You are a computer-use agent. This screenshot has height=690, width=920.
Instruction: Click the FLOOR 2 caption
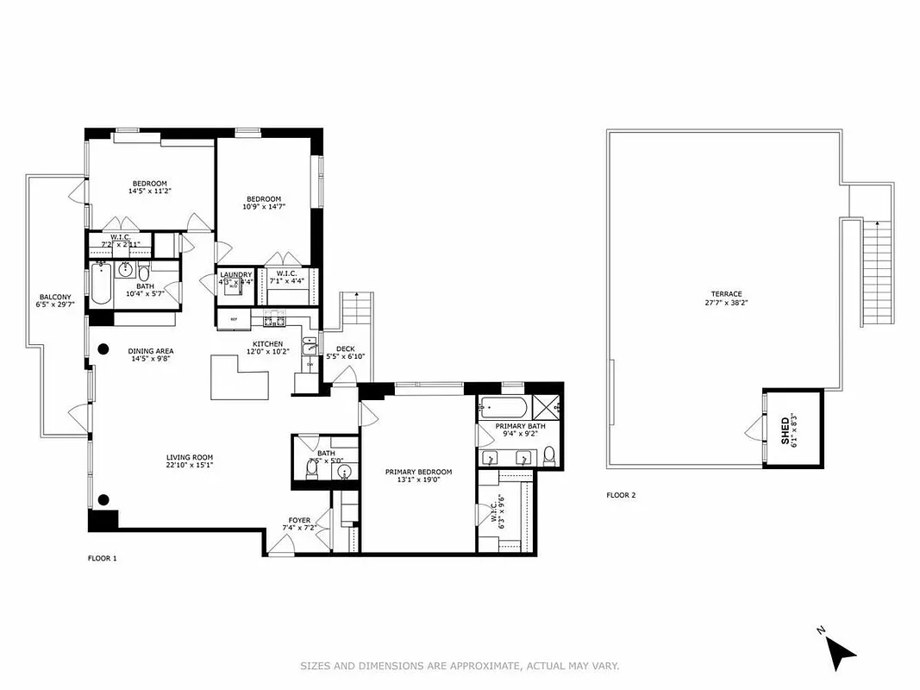tap(621, 495)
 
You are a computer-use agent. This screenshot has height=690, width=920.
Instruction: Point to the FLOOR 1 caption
tap(102, 558)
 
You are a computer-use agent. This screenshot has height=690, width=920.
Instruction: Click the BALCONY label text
tap(53, 297)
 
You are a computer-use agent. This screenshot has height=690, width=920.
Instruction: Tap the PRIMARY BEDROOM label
tap(418, 472)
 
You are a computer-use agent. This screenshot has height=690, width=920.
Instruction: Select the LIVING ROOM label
tap(190, 457)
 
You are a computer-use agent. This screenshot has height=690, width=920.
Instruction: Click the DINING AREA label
tap(151, 351)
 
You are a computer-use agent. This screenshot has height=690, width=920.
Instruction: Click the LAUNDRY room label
tap(235, 274)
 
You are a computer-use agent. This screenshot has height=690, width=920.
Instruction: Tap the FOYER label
tap(299, 520)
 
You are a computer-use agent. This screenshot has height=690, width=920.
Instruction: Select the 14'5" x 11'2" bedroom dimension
tap(149, 191)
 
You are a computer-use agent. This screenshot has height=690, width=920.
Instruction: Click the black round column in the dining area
tap(103, 349)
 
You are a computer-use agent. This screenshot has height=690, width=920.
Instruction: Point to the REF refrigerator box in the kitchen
tap(233, 319)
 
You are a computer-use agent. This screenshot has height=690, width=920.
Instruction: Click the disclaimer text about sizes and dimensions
tap(460, 666)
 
